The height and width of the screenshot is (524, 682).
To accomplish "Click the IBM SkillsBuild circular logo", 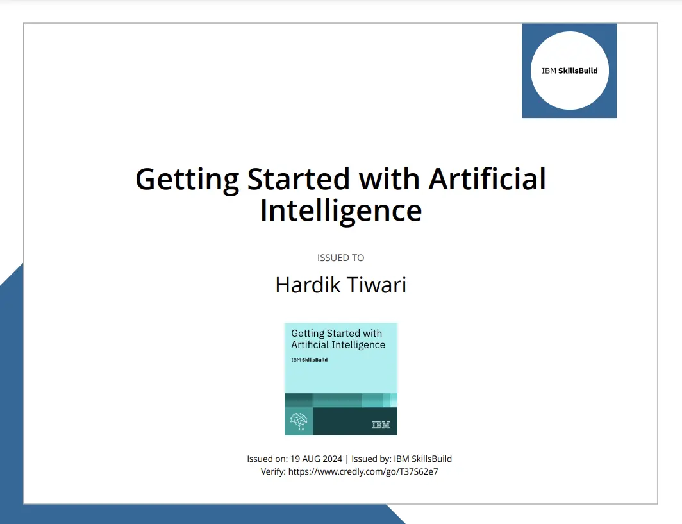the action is point(569,71).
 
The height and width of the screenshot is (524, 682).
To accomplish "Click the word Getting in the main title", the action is point(187,180).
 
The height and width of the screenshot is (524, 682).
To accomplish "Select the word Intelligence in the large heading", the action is point(341,212).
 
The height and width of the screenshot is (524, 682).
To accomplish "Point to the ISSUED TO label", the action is point(340,258).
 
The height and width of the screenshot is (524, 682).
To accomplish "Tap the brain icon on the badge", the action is point(299,421).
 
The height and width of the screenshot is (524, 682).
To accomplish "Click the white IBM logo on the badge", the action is point(381,425).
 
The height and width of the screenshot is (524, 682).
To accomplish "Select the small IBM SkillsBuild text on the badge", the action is point(309,360).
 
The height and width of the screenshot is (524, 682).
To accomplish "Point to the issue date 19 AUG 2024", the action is point(316,459).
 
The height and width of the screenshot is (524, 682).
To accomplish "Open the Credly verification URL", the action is point(363,471).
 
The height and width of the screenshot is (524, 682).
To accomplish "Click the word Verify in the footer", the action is point(272,471).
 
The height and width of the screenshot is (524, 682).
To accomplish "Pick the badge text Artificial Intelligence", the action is point(338,344).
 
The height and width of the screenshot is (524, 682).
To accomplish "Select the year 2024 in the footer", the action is point(333,459).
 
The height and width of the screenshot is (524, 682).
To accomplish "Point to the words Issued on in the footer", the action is point(267,459).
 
